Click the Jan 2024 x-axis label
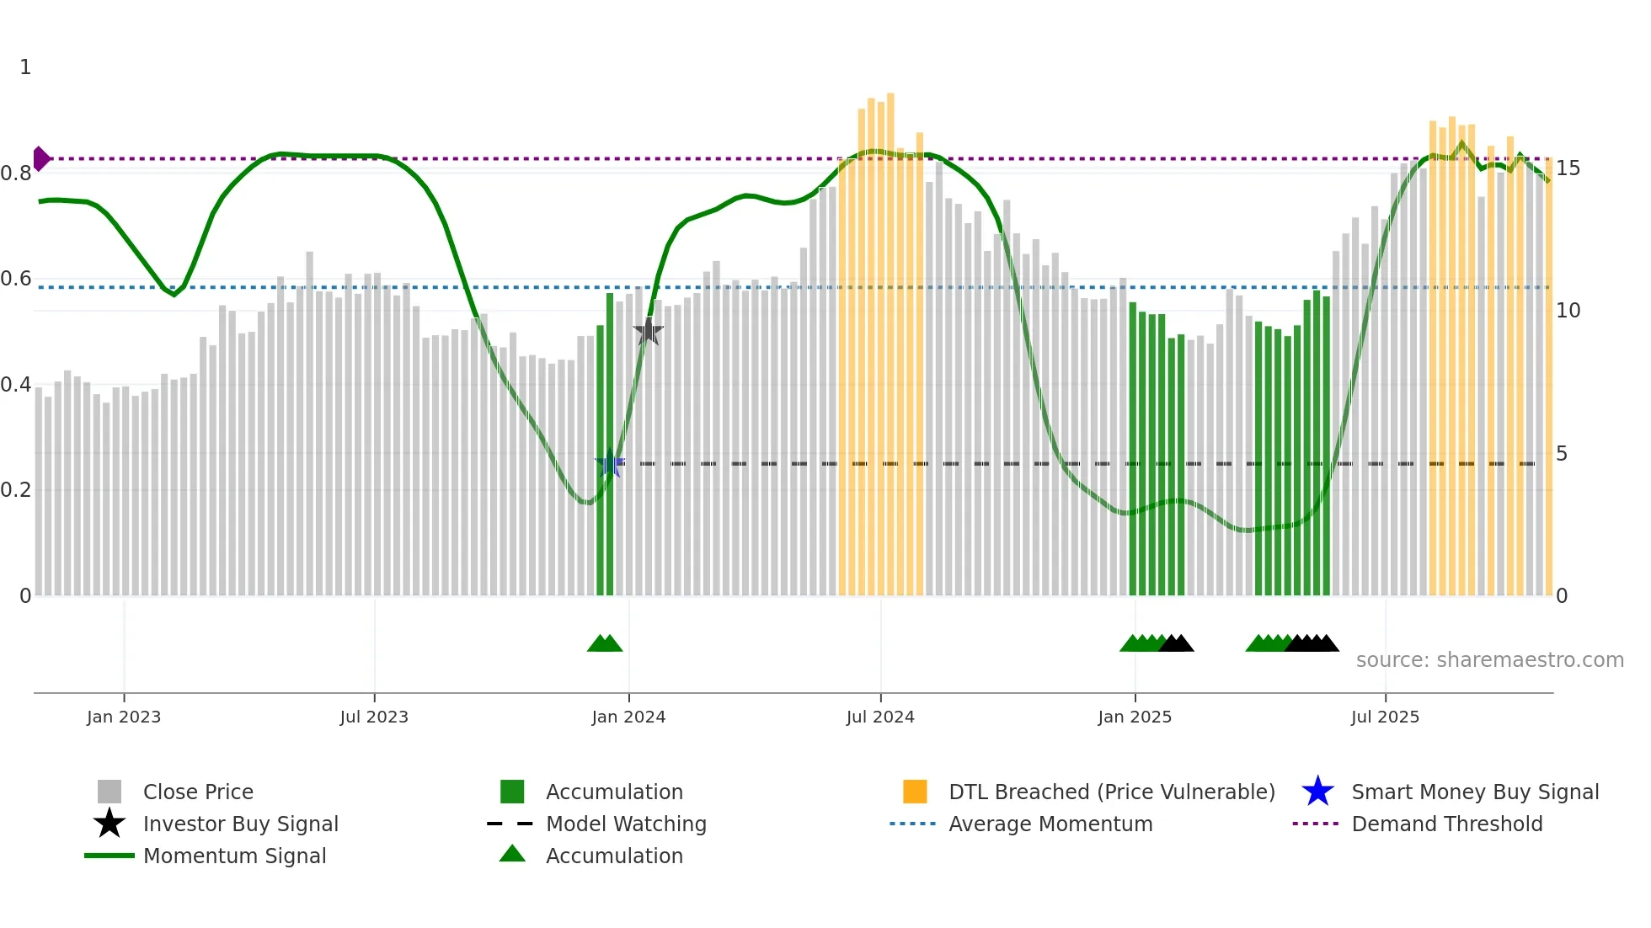pyautogui.click(x=628, y=717)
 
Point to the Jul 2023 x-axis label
pyautogui.click(x=374, y=717)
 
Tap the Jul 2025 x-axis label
pyautogui.click(x=1385, y=717)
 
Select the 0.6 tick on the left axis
pyautogui.click(x=16, y=279)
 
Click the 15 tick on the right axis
pyautogui.click(x=1568, y=168)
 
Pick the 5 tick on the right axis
pyautogui.click(x=1562, y=454)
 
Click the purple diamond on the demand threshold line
pyautogui.click(x=41, y=158)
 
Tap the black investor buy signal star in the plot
pyautogui.click(x=648, y=331)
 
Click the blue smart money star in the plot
pyautogui.click(x=610, y=463)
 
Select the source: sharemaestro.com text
pyautogui.click(x=1489, y=660)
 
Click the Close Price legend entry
pyautogui.click(x=198, y=792)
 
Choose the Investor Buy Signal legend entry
pyautogui.click(x=240, y=824)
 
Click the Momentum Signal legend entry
pyautogui.click(x=234, y=856)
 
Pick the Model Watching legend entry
pyautogui.click(x=626, y=824)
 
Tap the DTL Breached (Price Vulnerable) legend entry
pyautogui.click(x=1111, y=792)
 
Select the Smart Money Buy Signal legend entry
pyautogui.click(x=1474, y=792)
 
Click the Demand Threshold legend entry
pyautogui.click(x=1446, y=824)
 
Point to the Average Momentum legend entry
pyautogui.click(x=1050, y=824)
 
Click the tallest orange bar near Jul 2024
pyautogui.click(x=890, y=337)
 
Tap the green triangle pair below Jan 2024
pyautogui.click(x=605, y=643)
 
